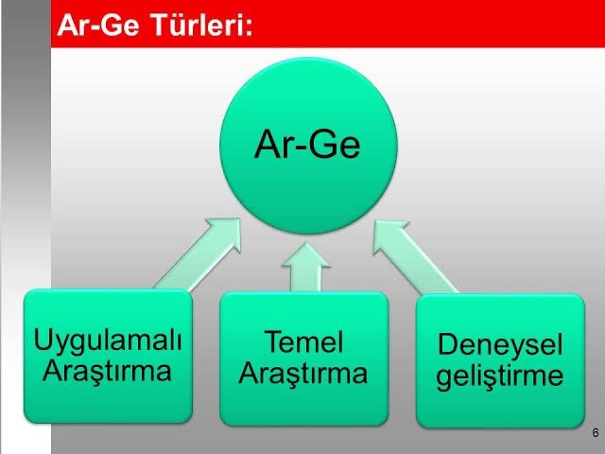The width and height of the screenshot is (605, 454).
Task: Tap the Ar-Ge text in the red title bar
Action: coord(98,25)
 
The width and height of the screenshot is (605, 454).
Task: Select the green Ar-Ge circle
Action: coord(308,146)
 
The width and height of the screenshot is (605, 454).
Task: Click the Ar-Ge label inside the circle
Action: coord(307,144)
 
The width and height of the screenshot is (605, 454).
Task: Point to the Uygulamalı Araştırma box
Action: coord(108,356)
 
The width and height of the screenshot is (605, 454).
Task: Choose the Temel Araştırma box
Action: coord(304,358)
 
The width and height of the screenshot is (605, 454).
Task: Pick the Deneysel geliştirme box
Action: coord(500,361)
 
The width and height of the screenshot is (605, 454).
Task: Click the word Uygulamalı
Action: coord(108,341)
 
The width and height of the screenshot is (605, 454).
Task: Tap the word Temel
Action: coord(303,341)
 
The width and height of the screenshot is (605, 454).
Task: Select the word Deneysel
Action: coord(500,345)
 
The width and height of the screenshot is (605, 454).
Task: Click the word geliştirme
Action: coord(500,375)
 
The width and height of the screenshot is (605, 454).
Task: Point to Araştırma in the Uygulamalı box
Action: coord(107,371)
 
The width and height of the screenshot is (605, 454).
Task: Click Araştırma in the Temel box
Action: coord(302,373)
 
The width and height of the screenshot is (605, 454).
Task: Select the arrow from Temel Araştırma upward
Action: coord(305,267)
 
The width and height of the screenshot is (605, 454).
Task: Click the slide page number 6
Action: coord(596,432)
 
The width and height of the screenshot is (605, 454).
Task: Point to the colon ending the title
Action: coord(249,28)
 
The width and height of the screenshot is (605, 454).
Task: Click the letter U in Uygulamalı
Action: coord(43,339)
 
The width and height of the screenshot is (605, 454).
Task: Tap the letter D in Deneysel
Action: coord(447,344)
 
